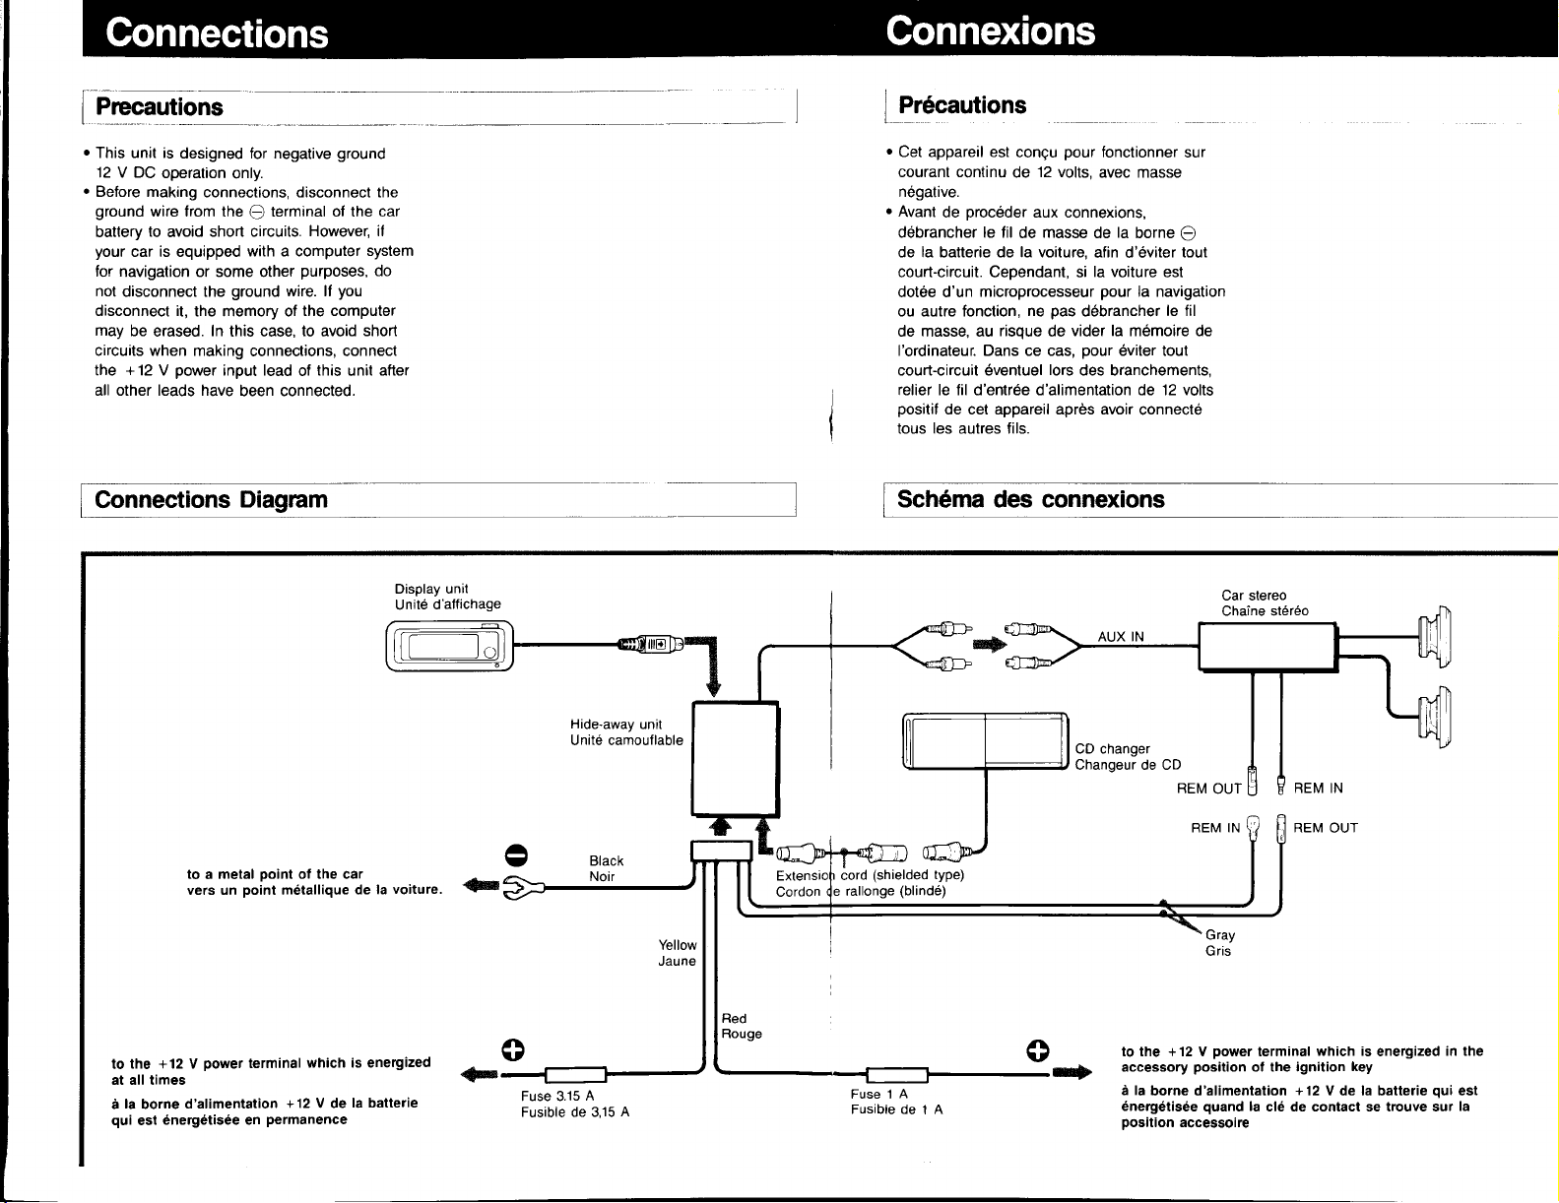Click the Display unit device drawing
(450, 646)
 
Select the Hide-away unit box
(736, 758)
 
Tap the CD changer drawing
(985, 741)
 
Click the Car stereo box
(1267, 648)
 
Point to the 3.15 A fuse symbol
(575, 1075)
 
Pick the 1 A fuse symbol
(897, 1075)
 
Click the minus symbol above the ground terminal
(517, 855)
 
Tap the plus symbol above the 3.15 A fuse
(513, 1050)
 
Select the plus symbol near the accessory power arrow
(1038, 1050)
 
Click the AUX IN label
(1121, 637)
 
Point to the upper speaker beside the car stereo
(1435, 637)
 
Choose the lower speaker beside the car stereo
(1435, 717)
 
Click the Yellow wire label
(678, 945)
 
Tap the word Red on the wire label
(734, 1018)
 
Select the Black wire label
(607, 860)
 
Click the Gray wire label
(1219, 935)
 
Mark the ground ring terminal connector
(522, 888)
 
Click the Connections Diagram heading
(211, 500)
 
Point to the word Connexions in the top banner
(990, 31)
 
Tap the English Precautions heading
(160, 107)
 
